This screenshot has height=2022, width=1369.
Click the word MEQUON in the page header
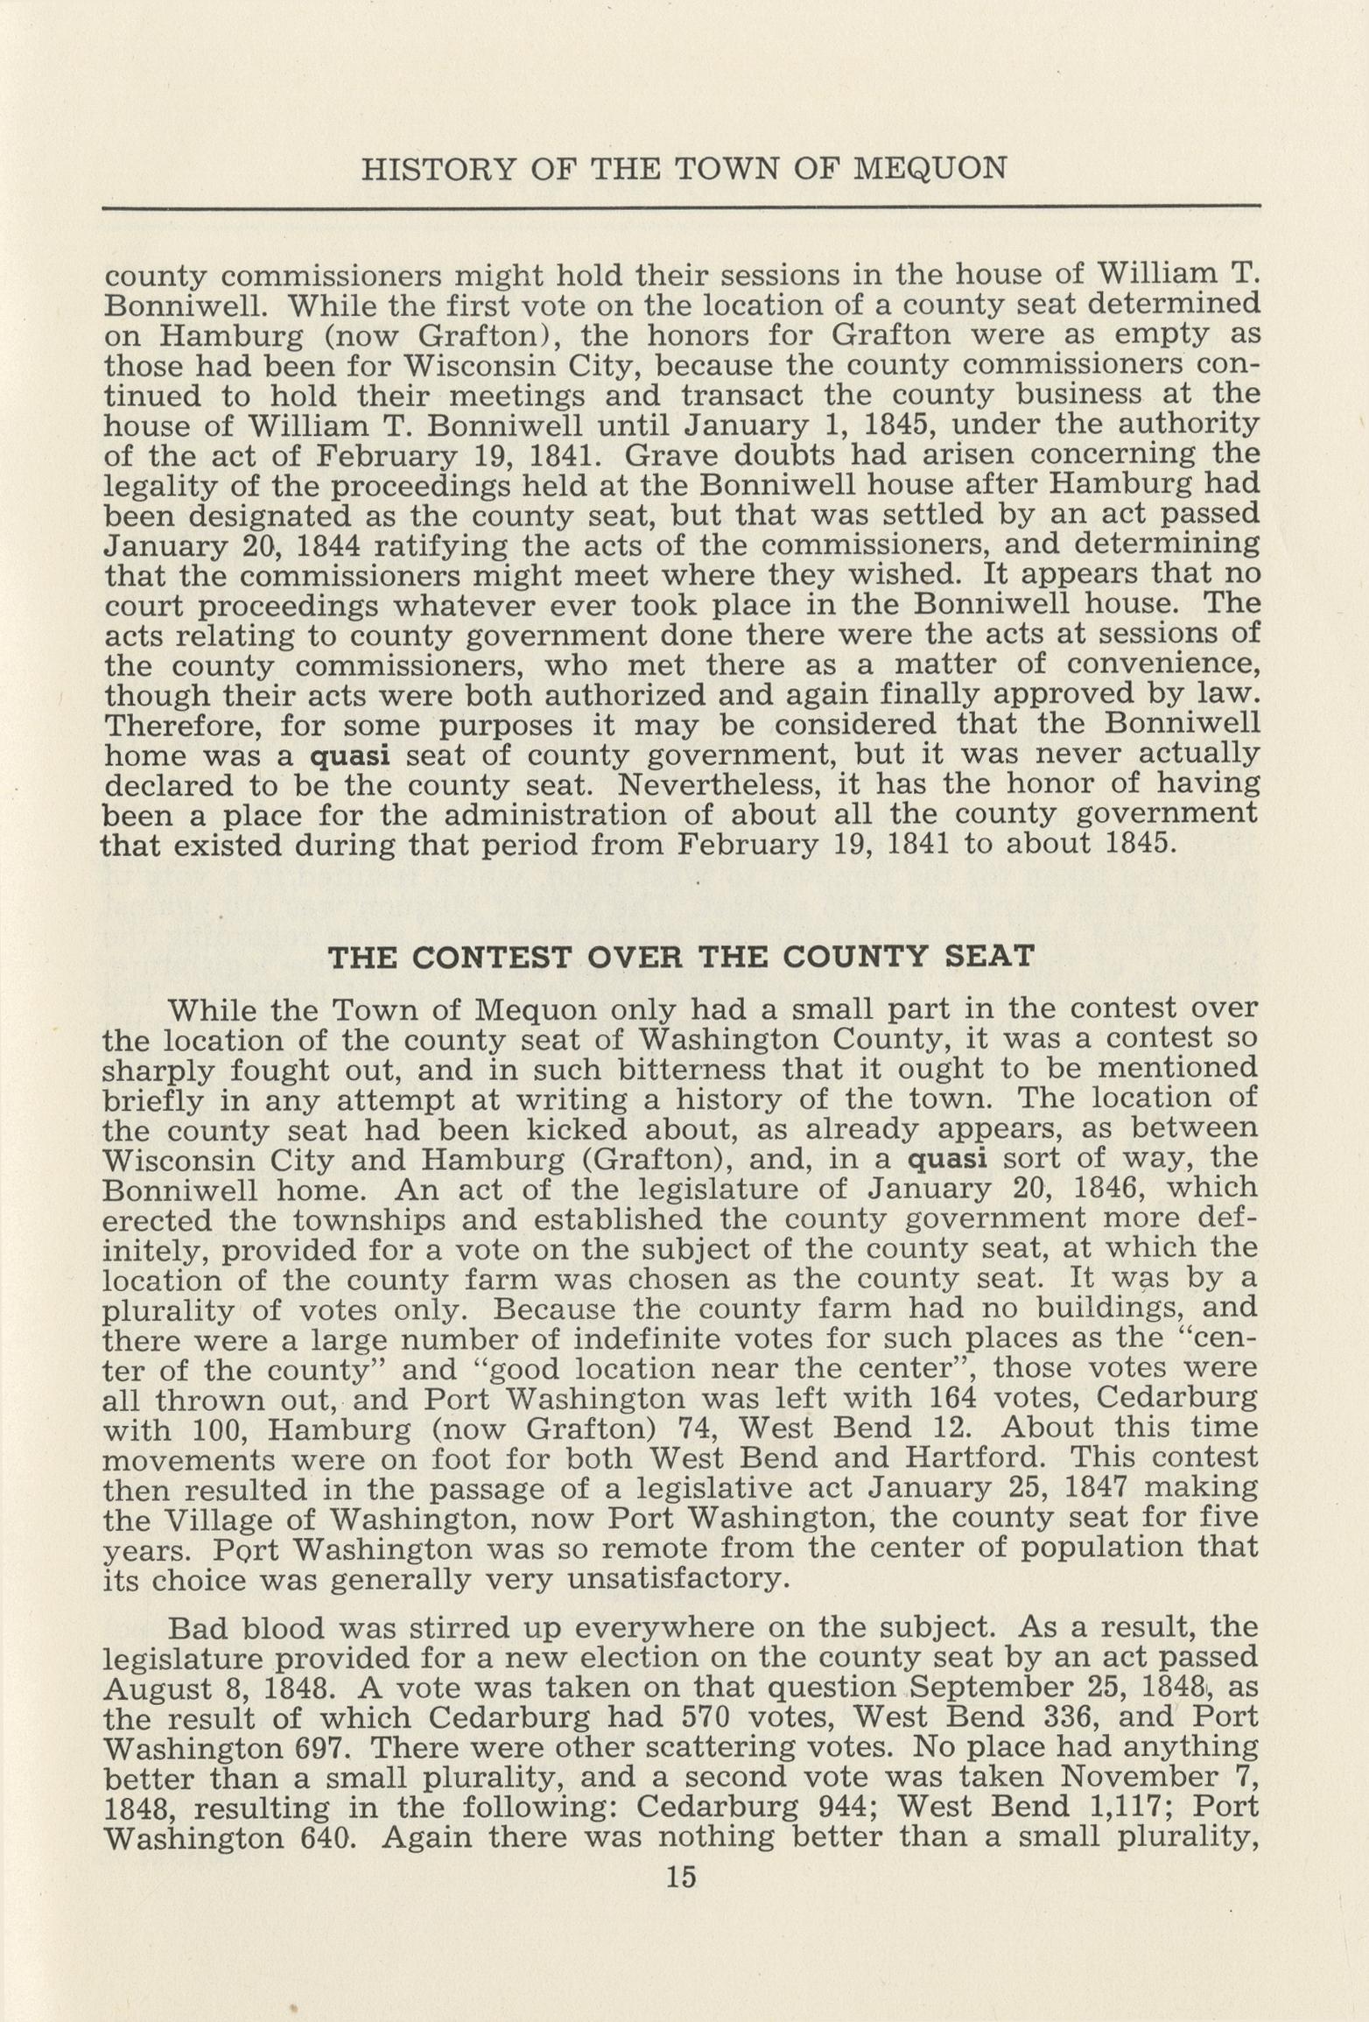929,167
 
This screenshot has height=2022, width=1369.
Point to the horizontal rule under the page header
680,207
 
